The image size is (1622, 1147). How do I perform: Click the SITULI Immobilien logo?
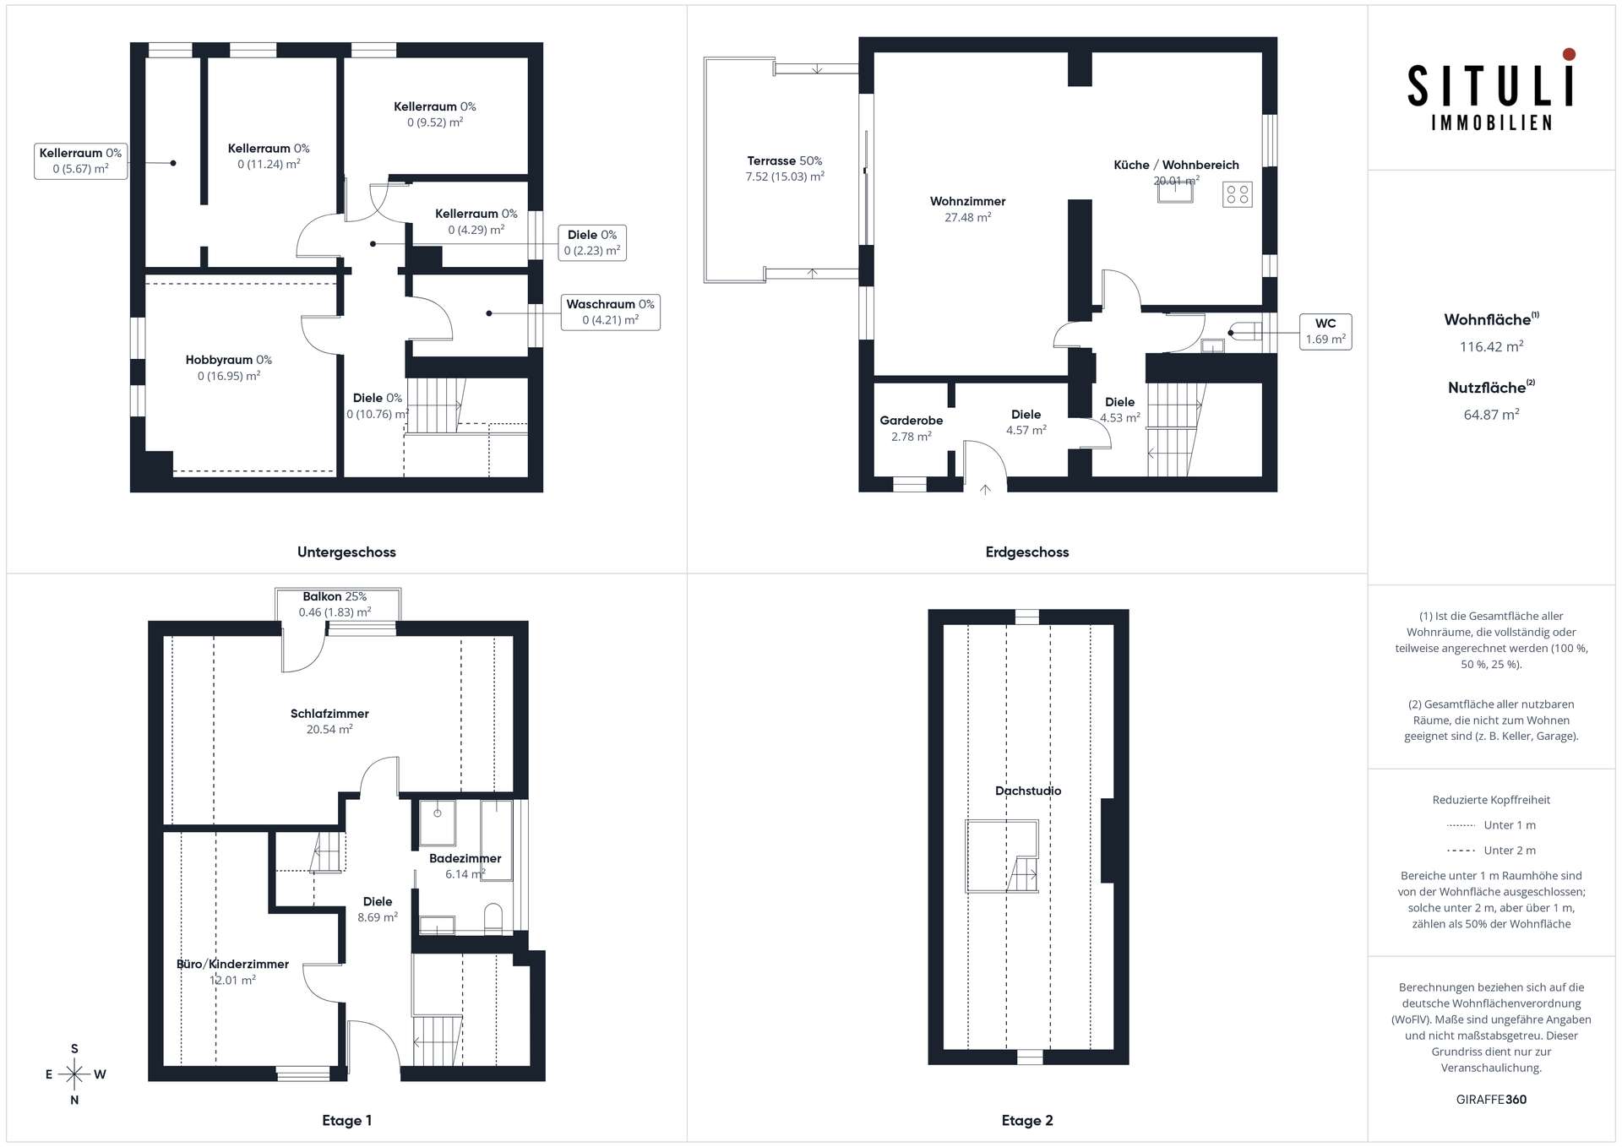pos(1491,90)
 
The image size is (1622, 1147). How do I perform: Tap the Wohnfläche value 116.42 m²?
pos(1491,346)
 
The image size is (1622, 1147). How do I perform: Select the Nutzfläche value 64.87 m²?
pos(1491,415)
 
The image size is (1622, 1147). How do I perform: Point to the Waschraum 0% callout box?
pos(610,312)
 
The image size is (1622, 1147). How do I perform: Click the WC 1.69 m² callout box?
pos(1325,331)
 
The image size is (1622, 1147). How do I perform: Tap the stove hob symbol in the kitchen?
pos(1238,195)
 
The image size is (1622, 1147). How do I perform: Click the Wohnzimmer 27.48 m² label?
pos(968,209)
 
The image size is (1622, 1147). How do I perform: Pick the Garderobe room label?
pos(911,421)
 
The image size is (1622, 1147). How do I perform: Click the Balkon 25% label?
pos(335,596)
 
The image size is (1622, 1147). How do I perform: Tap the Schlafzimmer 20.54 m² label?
pos(329,721)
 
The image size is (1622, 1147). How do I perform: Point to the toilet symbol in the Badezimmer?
pos(493,918)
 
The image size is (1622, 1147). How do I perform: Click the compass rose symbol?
pos(74,1074)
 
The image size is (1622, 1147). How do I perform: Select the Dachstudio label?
pos(1028,791)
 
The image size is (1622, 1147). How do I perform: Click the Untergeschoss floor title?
pos(346,552)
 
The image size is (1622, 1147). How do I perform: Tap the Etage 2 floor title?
pos(1027,1121)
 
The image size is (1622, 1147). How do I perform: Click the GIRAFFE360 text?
pos(1491,1100)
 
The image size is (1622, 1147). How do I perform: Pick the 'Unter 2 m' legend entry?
pos(1491,851)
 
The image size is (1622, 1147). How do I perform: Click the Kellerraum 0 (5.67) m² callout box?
pos(80,160)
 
